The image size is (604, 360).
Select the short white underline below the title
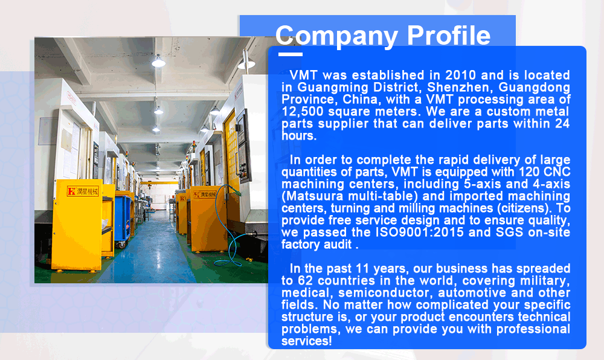click(290, 54)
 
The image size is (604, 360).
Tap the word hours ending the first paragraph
click(299, 136)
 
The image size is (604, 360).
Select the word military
click(545, 281)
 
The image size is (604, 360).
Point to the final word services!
click(306, 341)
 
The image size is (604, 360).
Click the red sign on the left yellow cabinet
click(83, 191)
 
